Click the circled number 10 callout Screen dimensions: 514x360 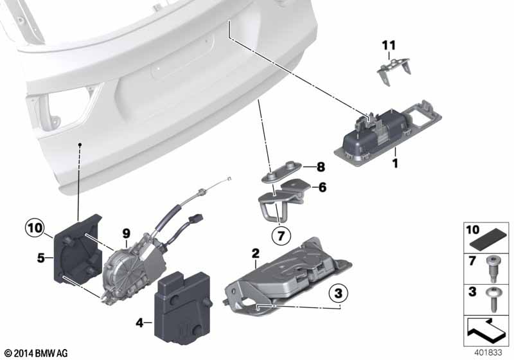(35, 228)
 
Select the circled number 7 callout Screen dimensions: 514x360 (281, 235)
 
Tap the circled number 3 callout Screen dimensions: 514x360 (339, 292)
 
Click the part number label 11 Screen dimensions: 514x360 (389, 46)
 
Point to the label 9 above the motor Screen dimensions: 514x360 (126, 234)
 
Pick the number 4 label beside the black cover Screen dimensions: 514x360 (140, 323)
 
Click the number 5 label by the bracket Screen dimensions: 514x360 (40, 258)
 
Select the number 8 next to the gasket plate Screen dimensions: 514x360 (321, 167)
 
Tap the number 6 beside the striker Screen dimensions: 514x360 (323, 187)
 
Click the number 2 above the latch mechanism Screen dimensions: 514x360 (255, 253)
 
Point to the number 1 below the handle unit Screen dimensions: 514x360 (395, 163)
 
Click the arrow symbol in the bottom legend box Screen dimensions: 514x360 (486, 330)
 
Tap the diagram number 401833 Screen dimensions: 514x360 (488, 352)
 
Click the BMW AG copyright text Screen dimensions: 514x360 (37, 354)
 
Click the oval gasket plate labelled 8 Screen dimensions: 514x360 (282, 171)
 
